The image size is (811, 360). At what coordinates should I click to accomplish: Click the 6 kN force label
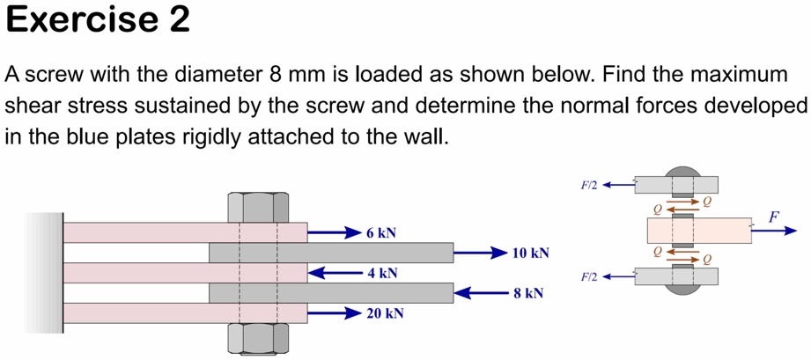pyautogui.click(x=381, y=233)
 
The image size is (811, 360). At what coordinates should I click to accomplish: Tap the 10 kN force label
pyautogui.click(x=531, y=253)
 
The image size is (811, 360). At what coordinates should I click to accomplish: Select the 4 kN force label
pyautogui.click(x=381, y=273)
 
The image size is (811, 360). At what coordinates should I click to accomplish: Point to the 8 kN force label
pyautogui.click(x=528, y=292)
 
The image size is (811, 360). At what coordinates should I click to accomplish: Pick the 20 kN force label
pyautogui.click(x=385, y=312)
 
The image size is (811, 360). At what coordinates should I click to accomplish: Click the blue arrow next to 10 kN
pyautogui.click(x=480, y=253)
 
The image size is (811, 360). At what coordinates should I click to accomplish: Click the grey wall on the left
pyautogui.click(x=44, y=273)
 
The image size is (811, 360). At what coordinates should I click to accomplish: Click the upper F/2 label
pyautogui.click(x=588, y=186)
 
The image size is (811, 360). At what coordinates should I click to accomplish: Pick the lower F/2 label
pyautogui.click(x=588, y=277)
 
